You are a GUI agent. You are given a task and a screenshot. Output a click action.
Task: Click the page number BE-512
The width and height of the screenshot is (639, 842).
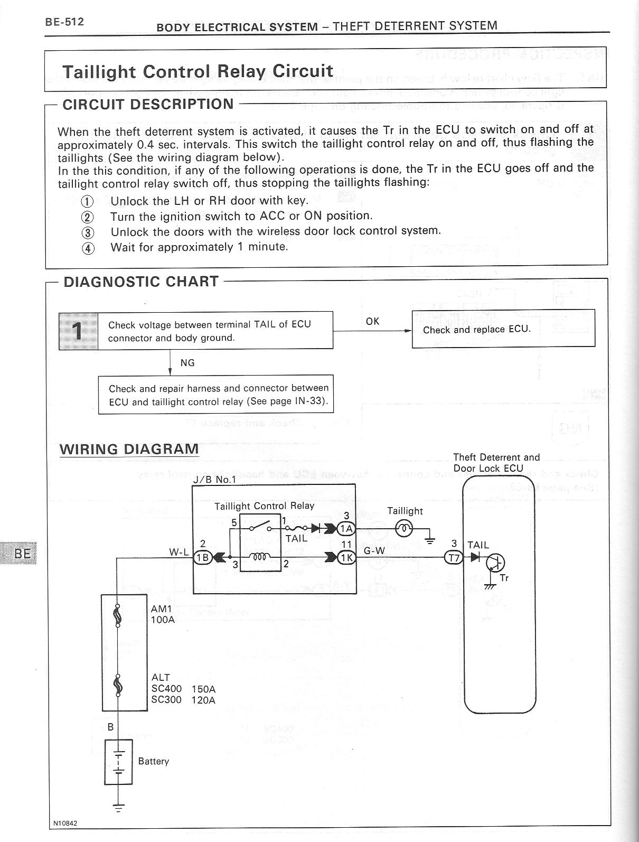(x=64, y=22)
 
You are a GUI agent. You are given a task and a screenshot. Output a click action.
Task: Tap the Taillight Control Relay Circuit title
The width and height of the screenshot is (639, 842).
(x=198, y=71)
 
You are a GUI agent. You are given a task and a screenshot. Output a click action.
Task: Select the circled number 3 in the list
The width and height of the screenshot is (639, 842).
(x=88, y=232)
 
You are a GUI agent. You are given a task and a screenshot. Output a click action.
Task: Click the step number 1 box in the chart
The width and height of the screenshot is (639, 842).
(x=78, y=331)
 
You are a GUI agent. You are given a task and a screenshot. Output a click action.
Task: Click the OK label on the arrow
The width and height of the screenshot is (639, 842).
(x=372, y=321)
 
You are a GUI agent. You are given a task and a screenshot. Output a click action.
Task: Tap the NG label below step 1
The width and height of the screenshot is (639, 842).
(x=187, y=363)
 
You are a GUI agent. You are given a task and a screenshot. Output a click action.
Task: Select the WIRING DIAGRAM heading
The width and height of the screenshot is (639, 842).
(x=129, y=450)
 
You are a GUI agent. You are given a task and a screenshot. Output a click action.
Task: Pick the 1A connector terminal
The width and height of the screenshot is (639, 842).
(x=346, y=529)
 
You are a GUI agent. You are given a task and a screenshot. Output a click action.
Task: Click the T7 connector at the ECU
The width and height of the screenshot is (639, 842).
(x=454, y=557)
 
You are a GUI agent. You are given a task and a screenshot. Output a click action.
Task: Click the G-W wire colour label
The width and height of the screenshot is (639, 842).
(x=374, y=550)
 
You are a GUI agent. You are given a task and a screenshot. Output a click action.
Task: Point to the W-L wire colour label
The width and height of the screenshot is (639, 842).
(x=178, y=552)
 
